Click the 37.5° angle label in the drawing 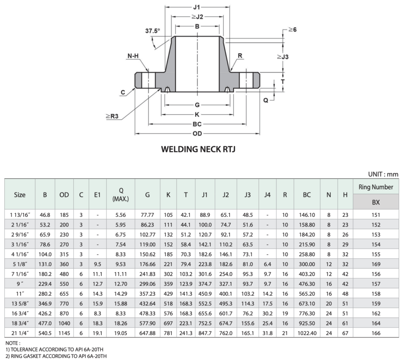coord(153,30)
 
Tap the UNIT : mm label coord(383,174)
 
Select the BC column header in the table coord(307,195)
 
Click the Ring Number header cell coord(376,187)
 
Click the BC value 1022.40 coord(307,332)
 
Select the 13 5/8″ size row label coord(20,303)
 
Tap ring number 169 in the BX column coord(376,264)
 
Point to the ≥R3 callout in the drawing coord(112,116)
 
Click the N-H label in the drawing coord(132,56)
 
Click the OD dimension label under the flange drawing coord(197,133)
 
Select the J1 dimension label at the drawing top coord(197,7)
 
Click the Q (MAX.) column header coord(121,195)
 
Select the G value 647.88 coord(147,332)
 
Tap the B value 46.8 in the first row coord(45,215)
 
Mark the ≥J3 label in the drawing coord(282,57)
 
